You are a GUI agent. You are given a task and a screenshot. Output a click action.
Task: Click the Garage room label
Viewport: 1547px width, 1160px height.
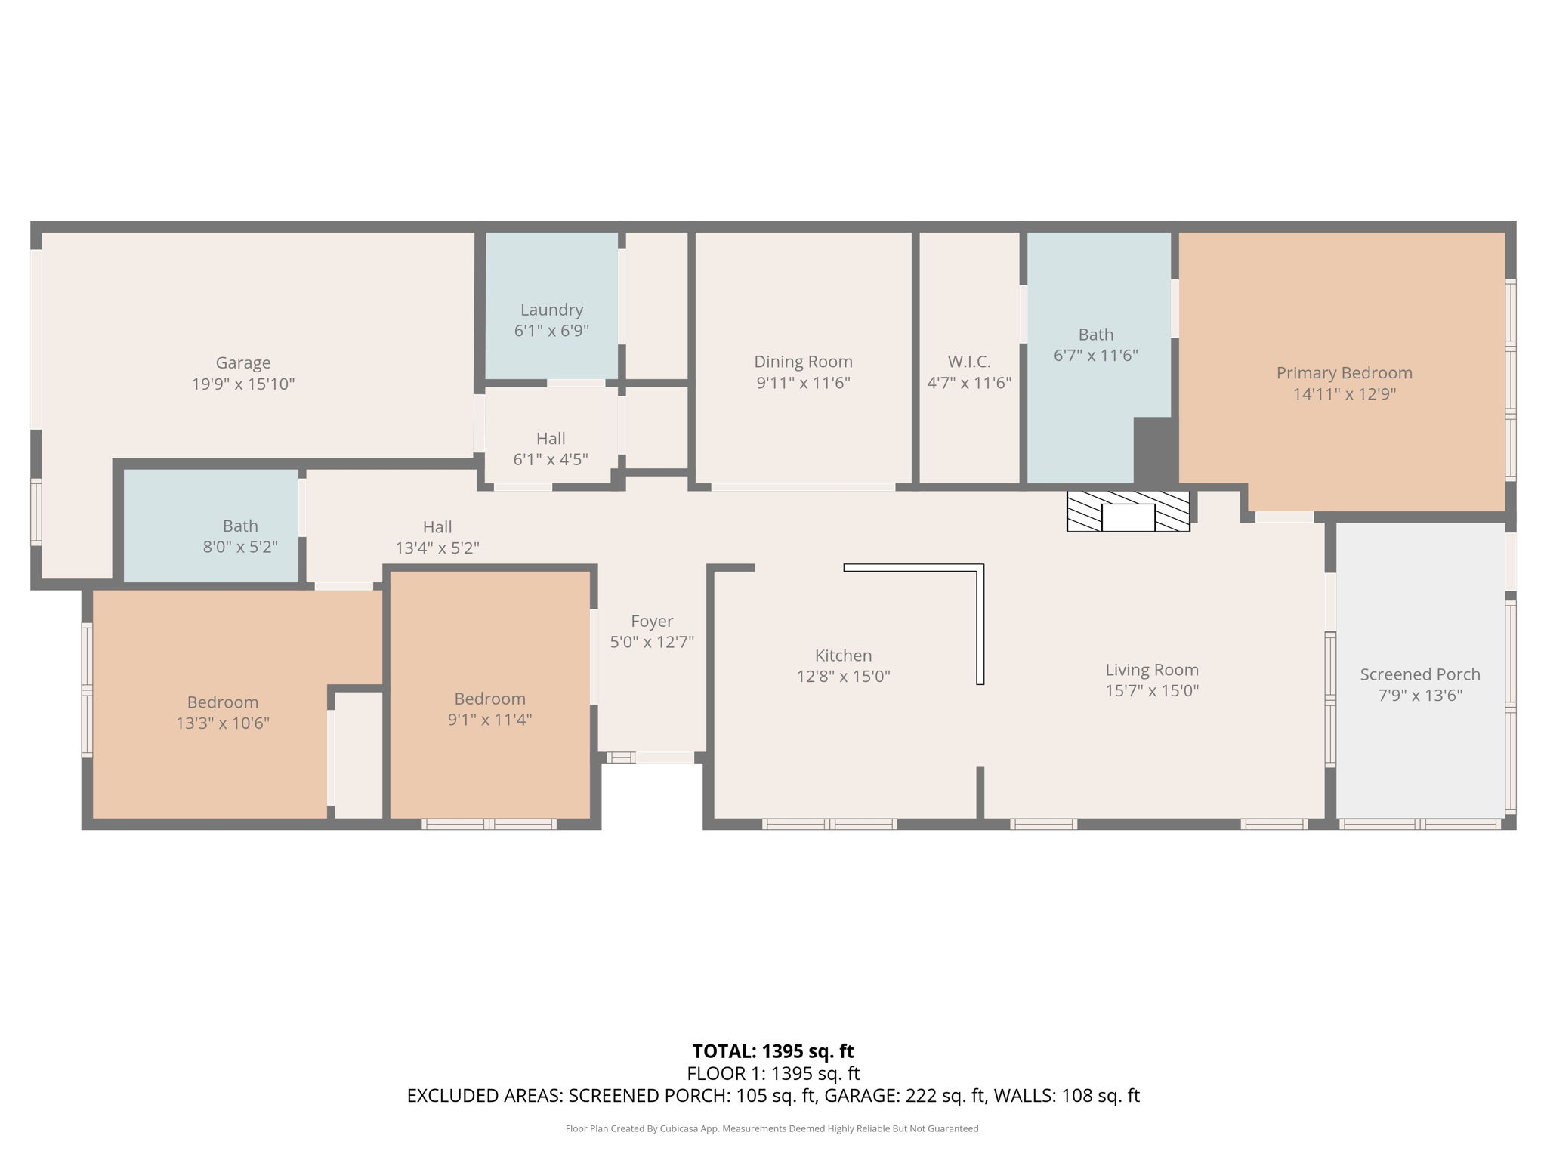(243, 363)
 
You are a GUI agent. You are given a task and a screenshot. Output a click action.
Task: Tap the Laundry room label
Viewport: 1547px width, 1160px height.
(551, 310)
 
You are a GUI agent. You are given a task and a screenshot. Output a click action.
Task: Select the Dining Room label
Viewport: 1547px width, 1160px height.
(803, 362)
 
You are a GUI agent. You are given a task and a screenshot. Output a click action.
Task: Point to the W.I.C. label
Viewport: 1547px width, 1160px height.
(969, 362)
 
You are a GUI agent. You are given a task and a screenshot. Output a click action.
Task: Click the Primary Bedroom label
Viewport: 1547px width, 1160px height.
(1345, 373)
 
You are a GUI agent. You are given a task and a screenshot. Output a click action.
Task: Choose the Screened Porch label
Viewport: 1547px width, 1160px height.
(1420, 674)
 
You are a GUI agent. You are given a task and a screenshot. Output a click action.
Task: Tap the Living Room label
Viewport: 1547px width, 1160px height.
(1152, 670)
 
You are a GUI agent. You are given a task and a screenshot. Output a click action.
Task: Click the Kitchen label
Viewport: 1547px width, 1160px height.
(843, 656)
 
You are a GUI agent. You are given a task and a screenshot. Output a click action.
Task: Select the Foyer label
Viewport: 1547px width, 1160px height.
(652, 622)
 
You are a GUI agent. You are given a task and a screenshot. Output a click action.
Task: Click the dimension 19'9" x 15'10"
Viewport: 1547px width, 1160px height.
(243, 384)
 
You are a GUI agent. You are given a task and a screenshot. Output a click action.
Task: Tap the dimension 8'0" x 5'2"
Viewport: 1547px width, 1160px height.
(240, 547)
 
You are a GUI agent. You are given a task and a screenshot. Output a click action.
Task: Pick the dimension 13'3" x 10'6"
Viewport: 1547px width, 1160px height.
(223, 723)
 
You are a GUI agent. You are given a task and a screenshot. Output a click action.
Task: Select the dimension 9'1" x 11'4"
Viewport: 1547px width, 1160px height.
(489, 719)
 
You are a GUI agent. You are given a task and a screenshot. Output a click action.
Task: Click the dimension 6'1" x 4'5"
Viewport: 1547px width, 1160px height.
(551, 459)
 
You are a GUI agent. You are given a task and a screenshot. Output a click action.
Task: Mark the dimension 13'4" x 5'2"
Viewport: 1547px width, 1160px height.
(437, 548)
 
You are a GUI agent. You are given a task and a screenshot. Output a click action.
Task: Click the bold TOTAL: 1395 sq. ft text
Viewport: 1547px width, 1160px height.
(773, 1051)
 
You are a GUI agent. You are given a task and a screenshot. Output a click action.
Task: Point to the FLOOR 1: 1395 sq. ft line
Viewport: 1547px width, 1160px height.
(773, 1073)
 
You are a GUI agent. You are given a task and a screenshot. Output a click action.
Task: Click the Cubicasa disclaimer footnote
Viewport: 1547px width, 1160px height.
(773, 1129)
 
